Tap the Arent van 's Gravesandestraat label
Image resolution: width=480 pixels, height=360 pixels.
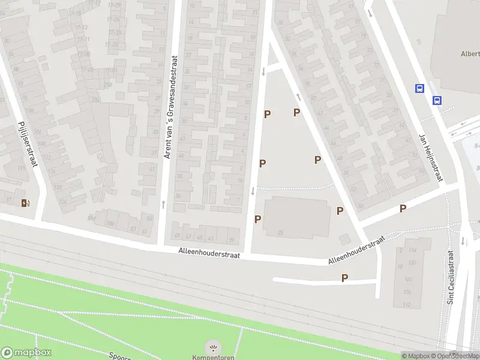pos(170,108)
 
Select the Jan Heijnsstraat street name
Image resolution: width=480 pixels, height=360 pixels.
pos(430,157)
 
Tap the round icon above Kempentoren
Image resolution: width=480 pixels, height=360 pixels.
pos(212,347)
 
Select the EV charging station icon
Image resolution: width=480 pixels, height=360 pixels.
pos(25,203)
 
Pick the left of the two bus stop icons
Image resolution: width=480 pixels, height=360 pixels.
pos(419,88)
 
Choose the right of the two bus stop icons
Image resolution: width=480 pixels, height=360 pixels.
pos(437,100)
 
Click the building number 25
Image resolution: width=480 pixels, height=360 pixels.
pos(280,233)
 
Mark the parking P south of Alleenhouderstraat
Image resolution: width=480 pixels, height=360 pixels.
pos(344,278)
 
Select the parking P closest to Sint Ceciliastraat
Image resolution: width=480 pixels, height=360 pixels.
pos(403,208)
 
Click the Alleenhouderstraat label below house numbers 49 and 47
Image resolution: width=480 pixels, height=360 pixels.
pos(209,255)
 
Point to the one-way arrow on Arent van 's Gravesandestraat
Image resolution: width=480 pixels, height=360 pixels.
pos(163,204)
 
